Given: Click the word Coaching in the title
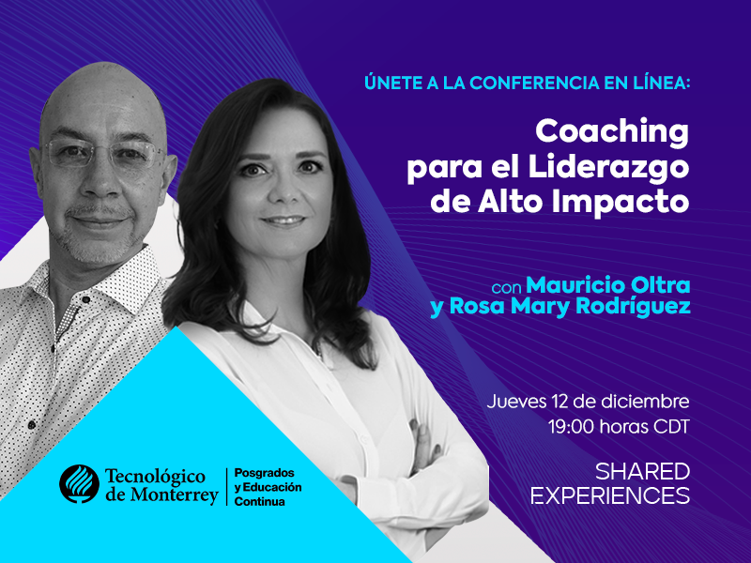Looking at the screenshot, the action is click(612, 132).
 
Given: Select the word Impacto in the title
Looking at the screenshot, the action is click(621, 202).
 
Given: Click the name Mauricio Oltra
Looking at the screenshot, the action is click(608, 285).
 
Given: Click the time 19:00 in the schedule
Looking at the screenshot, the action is click(572, 426).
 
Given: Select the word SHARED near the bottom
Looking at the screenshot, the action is click(642, 472).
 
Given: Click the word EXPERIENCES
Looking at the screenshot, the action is click(611, 495).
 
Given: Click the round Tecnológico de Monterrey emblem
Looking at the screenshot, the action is click(79, 484).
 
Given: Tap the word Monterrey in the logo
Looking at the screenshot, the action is click(175, 495).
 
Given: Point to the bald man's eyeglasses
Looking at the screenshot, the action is click(104, 152).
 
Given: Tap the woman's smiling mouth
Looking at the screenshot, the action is click(284, 221).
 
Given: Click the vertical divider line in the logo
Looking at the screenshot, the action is click(226, 487).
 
